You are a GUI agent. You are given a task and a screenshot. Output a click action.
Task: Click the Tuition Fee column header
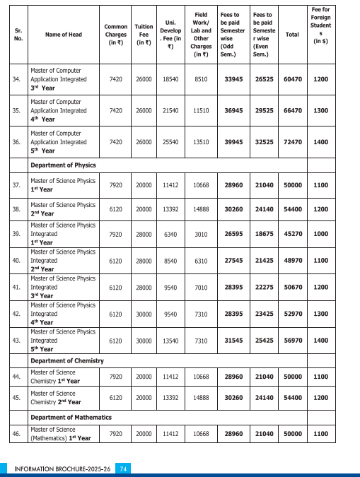144,34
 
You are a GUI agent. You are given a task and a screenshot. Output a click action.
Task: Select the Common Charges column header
116,34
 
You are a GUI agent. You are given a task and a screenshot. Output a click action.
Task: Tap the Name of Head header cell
64,34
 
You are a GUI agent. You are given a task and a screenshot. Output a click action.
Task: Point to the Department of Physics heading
63,165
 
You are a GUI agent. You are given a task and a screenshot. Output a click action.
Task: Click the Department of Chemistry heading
66,360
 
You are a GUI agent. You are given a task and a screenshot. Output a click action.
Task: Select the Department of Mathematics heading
71,417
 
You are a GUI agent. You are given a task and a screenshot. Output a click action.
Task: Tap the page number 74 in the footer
123,469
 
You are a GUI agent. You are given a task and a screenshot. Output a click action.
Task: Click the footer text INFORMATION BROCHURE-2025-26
63,469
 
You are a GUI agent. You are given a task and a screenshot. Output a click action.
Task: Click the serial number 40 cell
16,260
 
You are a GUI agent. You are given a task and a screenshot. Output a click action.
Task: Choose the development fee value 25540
170,142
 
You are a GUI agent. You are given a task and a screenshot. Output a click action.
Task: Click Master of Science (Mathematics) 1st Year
60,433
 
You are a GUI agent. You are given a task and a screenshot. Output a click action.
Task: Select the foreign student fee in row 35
320,111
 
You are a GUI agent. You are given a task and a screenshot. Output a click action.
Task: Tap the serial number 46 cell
16,433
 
